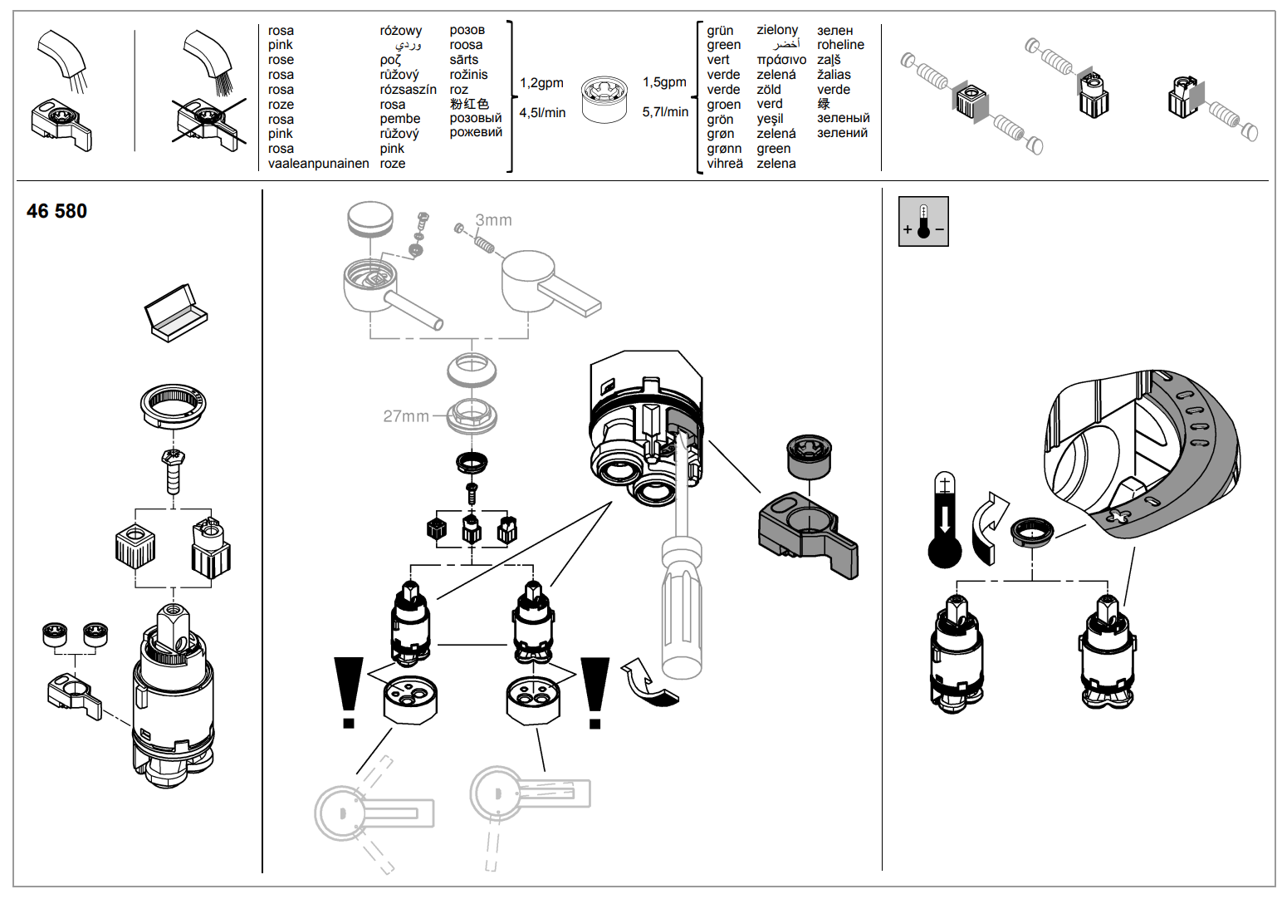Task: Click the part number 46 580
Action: [56, 211]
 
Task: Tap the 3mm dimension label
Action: [493, 220]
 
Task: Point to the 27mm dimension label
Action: [406, 416]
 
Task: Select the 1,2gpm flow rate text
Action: [541, 83]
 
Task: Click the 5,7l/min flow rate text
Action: [665, 112]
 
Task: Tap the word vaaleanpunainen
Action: [318, 164]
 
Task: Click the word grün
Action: [720, 31]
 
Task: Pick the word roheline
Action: [840, 45]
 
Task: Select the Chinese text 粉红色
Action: [469, 104]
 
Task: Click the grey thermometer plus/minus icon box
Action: [923, 221]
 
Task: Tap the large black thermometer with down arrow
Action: [945, 522]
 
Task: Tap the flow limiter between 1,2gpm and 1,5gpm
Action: [604, 99]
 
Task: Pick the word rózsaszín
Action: [408, 90]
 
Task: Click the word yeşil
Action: [770, 119]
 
